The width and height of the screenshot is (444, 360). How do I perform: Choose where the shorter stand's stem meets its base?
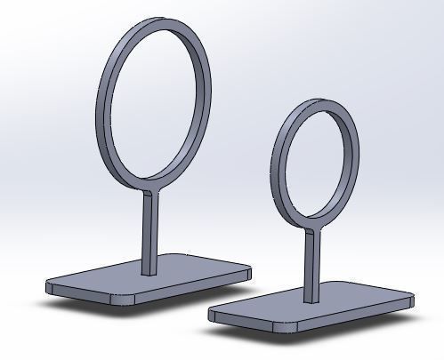(310, 300)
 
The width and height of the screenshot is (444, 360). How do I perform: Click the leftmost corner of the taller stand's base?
(49, 285)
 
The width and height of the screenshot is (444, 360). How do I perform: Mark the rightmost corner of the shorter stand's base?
(412, 296)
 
